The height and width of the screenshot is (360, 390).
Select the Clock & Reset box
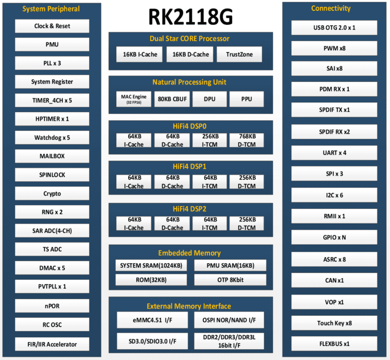tap(52, 26)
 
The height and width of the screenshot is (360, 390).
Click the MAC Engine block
tap(134, 99)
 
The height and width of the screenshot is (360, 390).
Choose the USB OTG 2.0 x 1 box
tap(334, 27)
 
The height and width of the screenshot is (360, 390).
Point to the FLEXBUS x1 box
tap(334, 344)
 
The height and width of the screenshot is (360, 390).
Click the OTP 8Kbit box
tap(230, 280)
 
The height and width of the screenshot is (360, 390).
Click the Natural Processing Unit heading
tap(189, 82)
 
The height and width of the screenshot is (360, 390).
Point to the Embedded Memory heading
tap(189, 253)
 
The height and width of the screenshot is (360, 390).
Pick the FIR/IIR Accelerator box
tap(52, 344)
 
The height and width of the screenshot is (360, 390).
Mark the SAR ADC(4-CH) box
tap(52, 231)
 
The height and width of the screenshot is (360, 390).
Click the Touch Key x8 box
tap(334, 323)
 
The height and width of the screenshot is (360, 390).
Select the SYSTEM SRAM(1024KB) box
tap(151, 266)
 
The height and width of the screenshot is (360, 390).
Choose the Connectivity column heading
tap(331, 8)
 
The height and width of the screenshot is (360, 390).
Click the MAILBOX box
tap(52, 156)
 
